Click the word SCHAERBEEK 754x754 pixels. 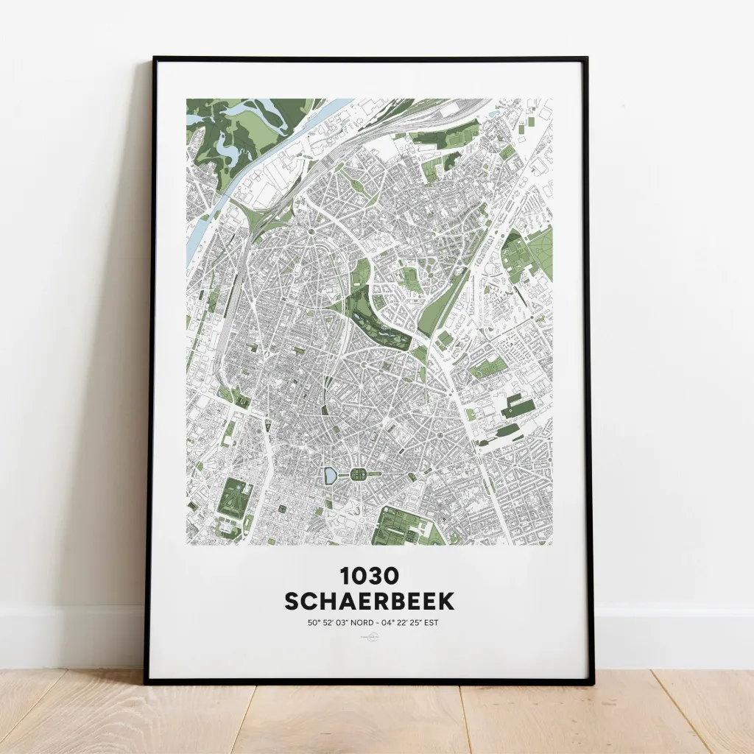click(x=369, y=601)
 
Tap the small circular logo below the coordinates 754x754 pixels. click(x=369, y=641)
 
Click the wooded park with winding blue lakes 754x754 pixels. click(x=236, y=133)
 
